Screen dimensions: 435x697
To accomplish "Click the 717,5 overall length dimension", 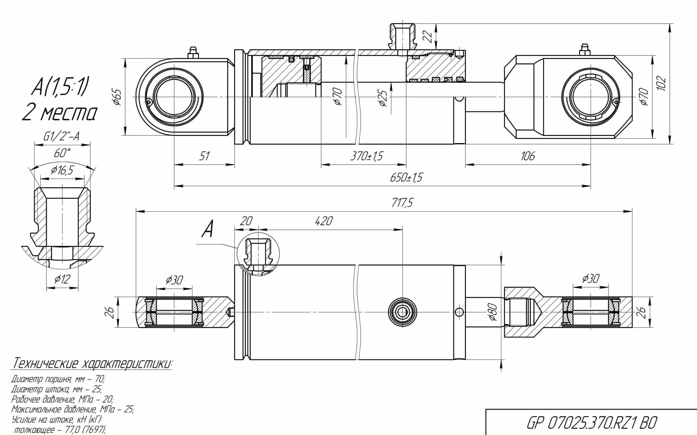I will [402, 203].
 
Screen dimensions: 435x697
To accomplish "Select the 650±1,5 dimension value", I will [406, 178].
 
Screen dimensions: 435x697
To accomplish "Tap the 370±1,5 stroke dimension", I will [366, 156].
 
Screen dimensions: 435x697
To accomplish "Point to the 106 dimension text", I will [527, 156].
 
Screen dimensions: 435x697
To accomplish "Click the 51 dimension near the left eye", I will [204, 156].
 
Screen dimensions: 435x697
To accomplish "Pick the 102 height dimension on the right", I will [661, 83].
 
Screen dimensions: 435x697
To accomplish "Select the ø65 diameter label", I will [117, 97].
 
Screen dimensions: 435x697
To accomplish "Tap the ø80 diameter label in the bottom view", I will [492, 312].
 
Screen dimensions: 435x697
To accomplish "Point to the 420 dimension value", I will [323, 221].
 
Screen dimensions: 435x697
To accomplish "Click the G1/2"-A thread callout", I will [61, 137].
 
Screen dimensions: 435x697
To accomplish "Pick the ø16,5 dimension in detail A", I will [62, 170].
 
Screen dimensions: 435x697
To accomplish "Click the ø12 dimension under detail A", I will [62, 279].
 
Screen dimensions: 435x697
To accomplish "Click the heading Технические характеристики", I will [93, 363].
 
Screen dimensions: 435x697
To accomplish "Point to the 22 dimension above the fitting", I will [428, 36].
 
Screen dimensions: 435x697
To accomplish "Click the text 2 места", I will [60, 113].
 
